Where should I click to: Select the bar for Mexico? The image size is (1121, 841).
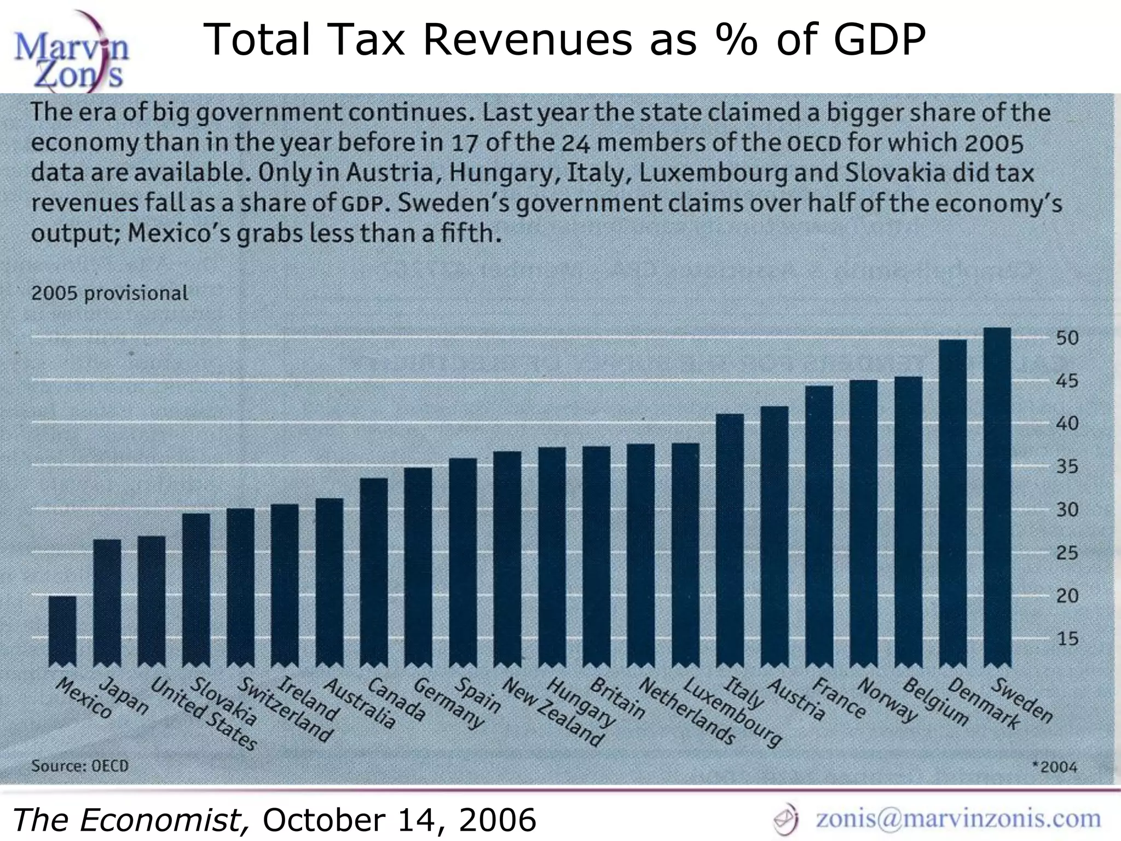pyautogui.click(x=62, y=630)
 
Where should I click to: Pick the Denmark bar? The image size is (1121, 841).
pyautogui.click(x=952, y=502)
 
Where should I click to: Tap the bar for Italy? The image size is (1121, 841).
pyautogui.click(x=730, y=539)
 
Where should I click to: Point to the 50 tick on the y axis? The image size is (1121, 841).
pyautogui.click(x=1067, y=338)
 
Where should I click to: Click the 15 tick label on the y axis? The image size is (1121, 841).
pyautogui.click(x=1067, y=638)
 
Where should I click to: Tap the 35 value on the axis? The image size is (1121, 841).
pyautogui.click(x=1067, y=466)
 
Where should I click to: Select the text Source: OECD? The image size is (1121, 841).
pyautogui.click(x=80, y=765)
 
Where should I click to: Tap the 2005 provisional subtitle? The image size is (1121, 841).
pyautogui.click(x=109, y=293)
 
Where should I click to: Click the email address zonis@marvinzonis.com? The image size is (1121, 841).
pyautogui.click(x=958, y=818)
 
